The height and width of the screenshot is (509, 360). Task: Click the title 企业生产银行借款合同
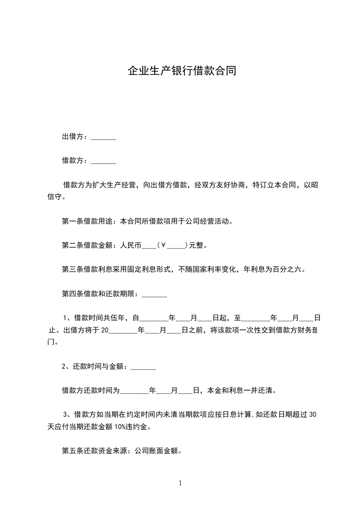point(182,71)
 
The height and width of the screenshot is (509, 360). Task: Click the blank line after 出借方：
point(104,137)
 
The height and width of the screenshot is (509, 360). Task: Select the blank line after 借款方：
point(104,161)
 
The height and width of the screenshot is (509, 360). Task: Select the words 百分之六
point(286,269)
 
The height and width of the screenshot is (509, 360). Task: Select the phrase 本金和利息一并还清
point(239,390)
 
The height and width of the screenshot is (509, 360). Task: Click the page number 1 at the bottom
point(180,483)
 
